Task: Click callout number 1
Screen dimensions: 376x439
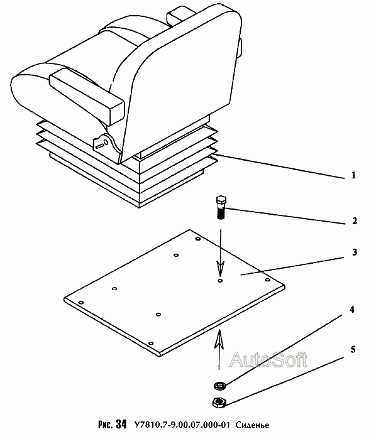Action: tap(353, 176)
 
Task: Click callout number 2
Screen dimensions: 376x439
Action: tap(355, 221)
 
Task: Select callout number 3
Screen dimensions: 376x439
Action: tap(355, 252)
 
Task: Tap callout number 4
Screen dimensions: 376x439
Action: tap(351, 310)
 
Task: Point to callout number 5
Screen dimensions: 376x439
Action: tap(353, 349)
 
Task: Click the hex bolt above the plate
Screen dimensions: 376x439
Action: tap(221, 207)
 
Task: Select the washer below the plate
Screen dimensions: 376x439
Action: tap(220, 386)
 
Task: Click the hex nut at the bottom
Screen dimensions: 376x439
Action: tap(219, 403)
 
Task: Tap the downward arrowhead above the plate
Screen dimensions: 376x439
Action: tap(221, 268)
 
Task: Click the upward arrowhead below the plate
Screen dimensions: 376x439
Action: tap(219, 339)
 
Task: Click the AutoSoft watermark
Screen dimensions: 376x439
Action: tap(268, 360)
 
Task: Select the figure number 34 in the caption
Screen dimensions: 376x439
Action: tap(121, 424)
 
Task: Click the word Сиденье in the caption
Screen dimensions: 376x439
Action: tap(252, 425)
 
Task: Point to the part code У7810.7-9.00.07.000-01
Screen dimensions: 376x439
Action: tap(182, 425)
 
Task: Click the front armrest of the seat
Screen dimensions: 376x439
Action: tap(86, 96)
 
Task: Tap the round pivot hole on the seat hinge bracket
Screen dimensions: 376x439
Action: tap(106, 142)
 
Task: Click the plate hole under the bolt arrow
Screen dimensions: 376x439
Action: tap(220, 280)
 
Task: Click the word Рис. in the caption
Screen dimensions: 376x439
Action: tap(106, 425)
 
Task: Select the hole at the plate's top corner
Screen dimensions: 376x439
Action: tap(197, 239)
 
